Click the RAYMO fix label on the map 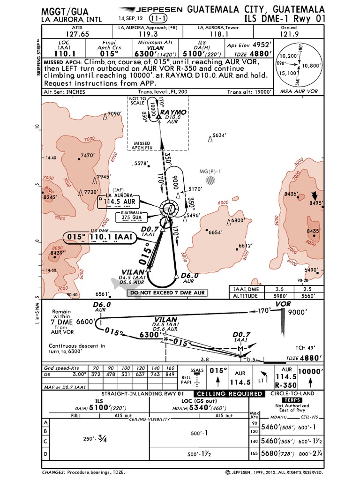(x=173, y=112)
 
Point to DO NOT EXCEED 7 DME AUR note (x=167, y=293)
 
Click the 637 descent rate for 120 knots (x=141, y=374)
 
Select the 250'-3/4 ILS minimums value (x=96, y=439)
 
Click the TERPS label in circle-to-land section (x=287, y=401)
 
